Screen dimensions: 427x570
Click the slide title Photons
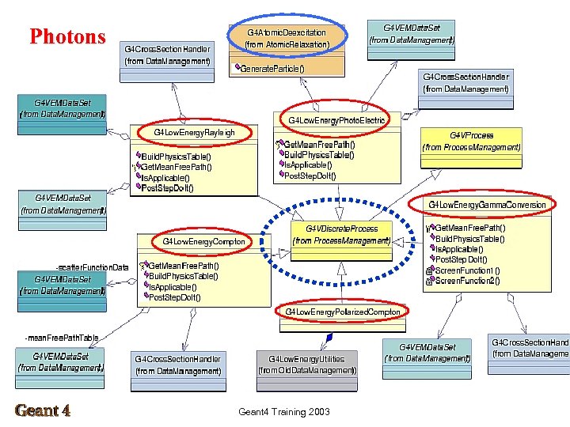[x=67, y=36]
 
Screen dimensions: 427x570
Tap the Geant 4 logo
[x=43, y=410]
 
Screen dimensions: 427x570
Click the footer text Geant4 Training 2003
[x=284, y=411]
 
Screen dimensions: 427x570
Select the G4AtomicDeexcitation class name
[x=287, y=33]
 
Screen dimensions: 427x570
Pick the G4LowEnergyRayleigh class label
[x=194, y=132]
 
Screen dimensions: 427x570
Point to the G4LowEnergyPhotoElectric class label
[x=336, y=120]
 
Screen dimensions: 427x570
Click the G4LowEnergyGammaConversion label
[x=487, y=205]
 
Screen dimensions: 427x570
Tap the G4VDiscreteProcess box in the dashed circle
[x=341, y=229]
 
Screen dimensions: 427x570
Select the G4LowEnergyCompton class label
[x=204, y=240]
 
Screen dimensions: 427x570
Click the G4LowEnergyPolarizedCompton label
[x=343, y=312]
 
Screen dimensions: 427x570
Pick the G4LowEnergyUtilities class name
[x=306, y=359]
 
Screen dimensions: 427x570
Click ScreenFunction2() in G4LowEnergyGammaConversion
[x=467, y=281]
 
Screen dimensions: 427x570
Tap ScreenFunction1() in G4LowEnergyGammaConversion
[x=467, y=270]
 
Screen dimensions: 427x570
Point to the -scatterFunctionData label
[x=92, y=267]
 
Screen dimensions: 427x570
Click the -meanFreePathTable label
[x=62, y=338]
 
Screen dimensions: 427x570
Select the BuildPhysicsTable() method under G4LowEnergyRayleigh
[x=176, y=157]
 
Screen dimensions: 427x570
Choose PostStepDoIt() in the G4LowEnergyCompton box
[x=175, y=297]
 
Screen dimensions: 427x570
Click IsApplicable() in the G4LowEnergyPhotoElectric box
[x=310, y=165]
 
